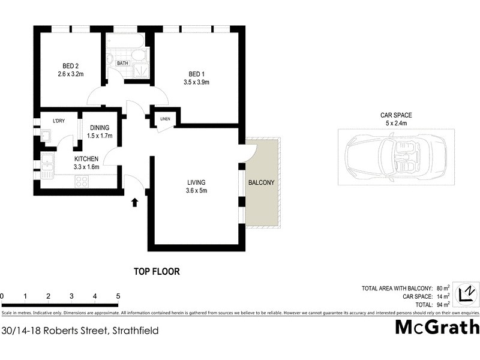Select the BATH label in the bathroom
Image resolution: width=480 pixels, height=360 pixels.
click(122, 63)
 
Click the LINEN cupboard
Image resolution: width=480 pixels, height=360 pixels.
click(165, 118)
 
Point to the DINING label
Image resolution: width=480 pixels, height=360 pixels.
click(100, 128)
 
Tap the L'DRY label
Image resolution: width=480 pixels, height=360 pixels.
click(59, 121)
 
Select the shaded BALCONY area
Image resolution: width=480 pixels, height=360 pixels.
click(262, 182)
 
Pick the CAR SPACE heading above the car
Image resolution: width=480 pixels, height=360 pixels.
click(396, 115)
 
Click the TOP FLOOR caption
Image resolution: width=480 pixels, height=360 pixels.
click(157, 271)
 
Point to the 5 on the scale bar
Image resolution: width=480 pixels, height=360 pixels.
click(118, 296)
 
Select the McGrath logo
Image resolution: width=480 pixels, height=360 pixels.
click(437, 327)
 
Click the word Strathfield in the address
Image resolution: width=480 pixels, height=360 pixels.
click(134, 330)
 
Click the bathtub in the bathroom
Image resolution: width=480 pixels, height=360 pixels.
click(124, 41)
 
